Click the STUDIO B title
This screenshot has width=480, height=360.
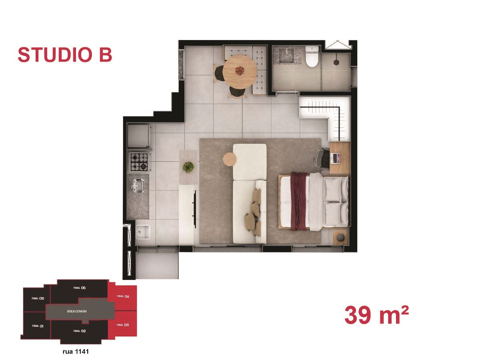(x=65, y=55)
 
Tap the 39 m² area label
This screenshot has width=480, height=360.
(x=376, y=315)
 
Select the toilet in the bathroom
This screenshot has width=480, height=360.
(x=312, y=56)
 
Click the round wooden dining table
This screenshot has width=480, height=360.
(x=240, y=72)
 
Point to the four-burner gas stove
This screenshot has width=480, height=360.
(x=139, y=162)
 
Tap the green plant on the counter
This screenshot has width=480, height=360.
(x=188, y=167)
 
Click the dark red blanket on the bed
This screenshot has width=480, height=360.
(x=298, y=201)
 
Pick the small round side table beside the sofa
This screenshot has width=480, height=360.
(x=229, y=159)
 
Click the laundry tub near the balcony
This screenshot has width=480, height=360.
(x=143, y=232)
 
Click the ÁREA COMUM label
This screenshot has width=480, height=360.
(x=76, y=311)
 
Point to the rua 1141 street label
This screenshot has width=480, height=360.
(x=76, y=352)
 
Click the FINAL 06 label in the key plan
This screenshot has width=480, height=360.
(x=38, y=298)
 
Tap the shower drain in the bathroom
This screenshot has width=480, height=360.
(x=336, y=62)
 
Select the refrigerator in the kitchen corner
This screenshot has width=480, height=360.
(x=139, y=136)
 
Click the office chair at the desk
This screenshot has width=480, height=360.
(x=322, y=158)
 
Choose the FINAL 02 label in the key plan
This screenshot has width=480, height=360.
(x=79, y=331)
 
